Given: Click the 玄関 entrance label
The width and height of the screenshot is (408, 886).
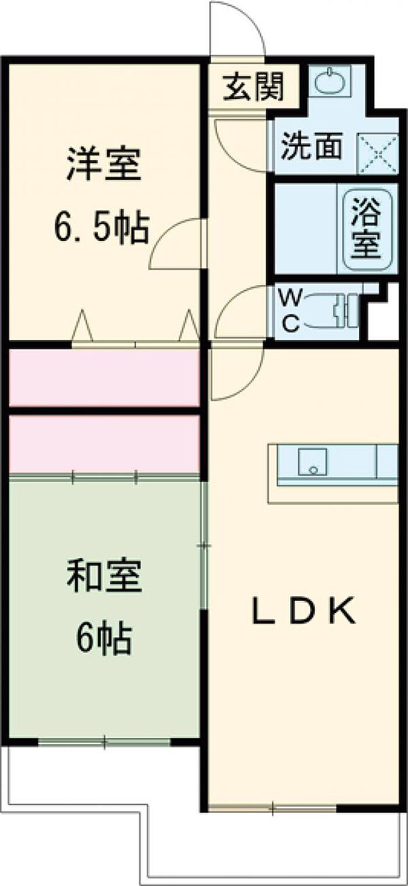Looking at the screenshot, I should (254, 87).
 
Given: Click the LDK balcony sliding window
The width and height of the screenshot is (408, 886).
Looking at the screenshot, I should (272, 807).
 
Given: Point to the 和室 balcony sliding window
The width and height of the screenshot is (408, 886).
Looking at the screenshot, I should (105, 742).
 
